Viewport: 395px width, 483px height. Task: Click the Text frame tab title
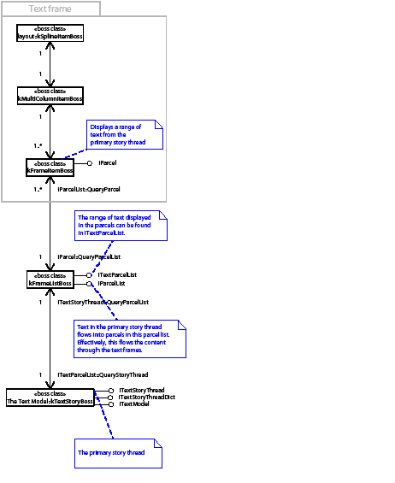[x=50, y=9]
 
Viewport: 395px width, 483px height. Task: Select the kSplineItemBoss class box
[x=50, y=32]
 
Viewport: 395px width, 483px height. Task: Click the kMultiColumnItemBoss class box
[x=50, y=96]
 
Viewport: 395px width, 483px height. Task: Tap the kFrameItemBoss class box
[x=50, y=167]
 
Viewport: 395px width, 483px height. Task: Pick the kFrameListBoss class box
[x=50, y=279]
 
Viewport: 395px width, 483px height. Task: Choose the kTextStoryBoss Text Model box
[x=50, y=397]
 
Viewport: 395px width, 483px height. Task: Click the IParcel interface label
[x=108, y=162]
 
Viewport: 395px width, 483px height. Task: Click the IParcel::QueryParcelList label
[x=88, y=256]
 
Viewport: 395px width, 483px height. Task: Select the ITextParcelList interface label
[x=117, y=274]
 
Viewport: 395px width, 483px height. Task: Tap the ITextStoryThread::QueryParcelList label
[x=103, y=302]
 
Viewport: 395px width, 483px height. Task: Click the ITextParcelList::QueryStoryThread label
[x=103, y=374]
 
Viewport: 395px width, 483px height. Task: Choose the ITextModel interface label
[x=134, y=404]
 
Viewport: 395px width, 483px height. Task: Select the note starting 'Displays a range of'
[x=125, y=135]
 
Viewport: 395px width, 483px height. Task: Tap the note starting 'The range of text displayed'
[x=121, y=225]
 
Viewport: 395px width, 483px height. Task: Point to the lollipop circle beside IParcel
[x=89, y=162]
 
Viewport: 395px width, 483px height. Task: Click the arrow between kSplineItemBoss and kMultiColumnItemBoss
[x=50, y=64]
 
